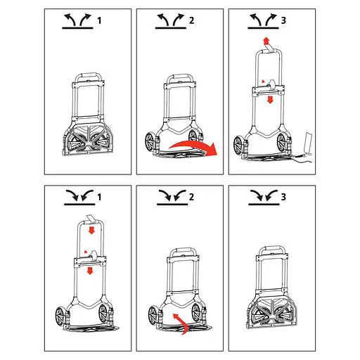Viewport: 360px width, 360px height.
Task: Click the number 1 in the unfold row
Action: click(99, 20)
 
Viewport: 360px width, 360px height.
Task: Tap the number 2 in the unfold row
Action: click(192, 20)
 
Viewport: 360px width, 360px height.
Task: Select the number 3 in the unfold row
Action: click(283, 20)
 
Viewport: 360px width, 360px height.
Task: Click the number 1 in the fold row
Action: click(99, 197)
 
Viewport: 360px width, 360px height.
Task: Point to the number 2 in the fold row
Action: click(192, 197)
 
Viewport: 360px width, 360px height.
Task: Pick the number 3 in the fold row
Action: click(283, 197)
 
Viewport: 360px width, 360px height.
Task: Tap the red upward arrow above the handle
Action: click(266, 41)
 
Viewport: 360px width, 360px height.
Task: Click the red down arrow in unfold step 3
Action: click(270, 100)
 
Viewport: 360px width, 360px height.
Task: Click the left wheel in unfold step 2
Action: click(150, 143)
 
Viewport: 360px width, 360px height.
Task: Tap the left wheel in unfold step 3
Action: click(238, 146)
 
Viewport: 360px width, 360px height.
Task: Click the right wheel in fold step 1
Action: click(103, 315)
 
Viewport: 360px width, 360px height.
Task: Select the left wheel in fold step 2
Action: click(153, 316)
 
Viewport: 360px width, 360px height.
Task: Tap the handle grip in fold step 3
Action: click(273, 249)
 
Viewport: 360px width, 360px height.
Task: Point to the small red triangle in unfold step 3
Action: click(264, 81)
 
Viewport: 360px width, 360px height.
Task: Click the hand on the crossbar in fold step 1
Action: click(94, 255)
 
